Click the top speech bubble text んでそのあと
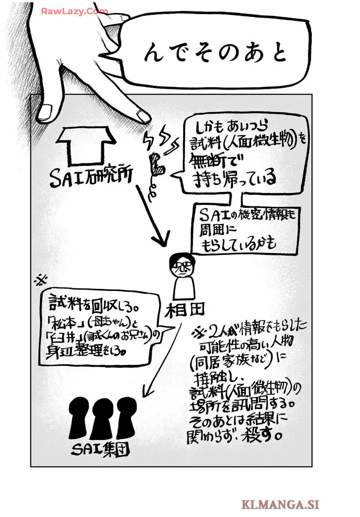pos(215,53)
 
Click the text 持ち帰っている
pos(235,179)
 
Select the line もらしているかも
pos(239,244)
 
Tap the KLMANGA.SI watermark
pos(280,504)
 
